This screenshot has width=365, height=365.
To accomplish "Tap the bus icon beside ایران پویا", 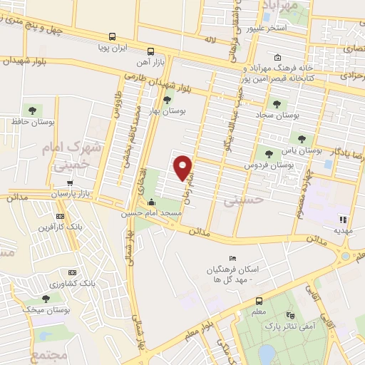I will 112,36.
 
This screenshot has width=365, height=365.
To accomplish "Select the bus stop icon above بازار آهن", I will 150,51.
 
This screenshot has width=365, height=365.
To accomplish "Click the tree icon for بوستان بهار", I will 167,100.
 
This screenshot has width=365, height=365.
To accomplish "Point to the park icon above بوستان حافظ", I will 31,110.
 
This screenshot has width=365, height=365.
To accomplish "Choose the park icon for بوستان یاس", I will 302,139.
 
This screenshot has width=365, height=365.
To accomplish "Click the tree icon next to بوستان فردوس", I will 268,153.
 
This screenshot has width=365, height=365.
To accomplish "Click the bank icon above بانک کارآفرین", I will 60,215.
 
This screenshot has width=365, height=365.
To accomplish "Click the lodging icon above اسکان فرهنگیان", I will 232,258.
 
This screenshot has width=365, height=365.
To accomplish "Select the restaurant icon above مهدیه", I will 343,220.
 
